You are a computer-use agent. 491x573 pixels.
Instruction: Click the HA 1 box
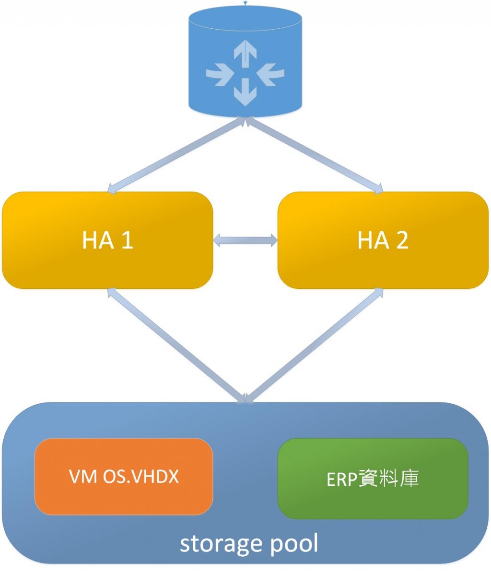pyautogui.click(x=107, y=240)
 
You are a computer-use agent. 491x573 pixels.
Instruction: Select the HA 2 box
pyautogui.click(x=383, y=240)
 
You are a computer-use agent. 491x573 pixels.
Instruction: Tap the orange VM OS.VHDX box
pyautogui.click(x=124, y=477)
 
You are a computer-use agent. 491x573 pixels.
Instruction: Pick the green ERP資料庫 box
pyautogui.click(x=373, y=479)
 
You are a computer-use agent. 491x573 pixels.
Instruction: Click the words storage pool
pyautogui.click(x=249, y=544)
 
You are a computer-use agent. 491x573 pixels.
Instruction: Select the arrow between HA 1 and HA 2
pyautogui.click(x=245, y=240)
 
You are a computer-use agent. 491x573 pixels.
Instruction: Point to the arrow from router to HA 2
pyautogui.click(x=314, y=156)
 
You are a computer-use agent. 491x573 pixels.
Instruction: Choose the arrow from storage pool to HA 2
pyautogui.click(x=314, y=344)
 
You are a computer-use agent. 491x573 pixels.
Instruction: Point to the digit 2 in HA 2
pyautogui.click(x=402, y=240)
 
